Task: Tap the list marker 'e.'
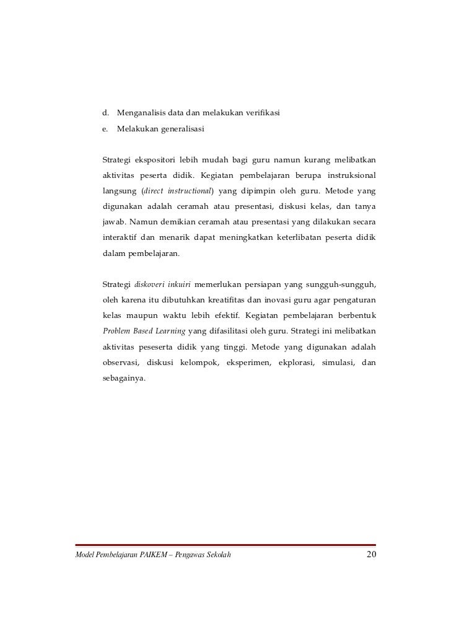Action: [105, 130]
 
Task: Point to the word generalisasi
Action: [183, 130]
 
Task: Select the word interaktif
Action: [119, 238]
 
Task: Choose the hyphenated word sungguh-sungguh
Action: [345, 285]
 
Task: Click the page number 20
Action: [371, 553]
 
